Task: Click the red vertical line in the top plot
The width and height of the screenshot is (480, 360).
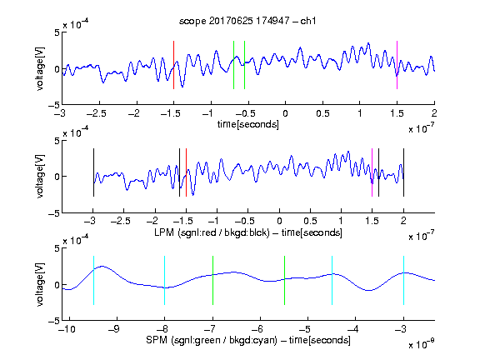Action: click(173, 65)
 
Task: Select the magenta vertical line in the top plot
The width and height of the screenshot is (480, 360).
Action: click(397, 65)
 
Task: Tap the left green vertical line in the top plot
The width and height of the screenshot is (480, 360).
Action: click(233, 65)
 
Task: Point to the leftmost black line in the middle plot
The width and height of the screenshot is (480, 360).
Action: click(93, 172)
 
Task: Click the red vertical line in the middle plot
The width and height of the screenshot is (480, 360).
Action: click(186, 172)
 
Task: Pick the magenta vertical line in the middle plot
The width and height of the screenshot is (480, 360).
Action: click(372, 172)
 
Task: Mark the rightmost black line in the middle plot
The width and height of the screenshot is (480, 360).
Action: click(404, 172)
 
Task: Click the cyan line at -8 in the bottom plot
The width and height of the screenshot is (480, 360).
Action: click(165, 280)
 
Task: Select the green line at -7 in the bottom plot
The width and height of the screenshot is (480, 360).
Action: click(212, 280)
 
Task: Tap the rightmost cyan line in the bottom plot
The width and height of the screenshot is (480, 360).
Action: click(404, 280)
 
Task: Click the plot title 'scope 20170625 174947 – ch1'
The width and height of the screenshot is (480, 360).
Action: click(247, 21)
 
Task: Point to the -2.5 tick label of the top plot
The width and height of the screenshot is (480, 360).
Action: click(96, 113)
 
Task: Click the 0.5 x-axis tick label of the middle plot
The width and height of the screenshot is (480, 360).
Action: click(310, 221)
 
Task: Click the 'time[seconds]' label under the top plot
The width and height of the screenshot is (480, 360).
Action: click(248, 124)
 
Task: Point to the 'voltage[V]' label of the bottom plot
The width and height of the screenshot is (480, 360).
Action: click(40, 284)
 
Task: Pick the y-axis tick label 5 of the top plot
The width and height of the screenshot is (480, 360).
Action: click(57, 32)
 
